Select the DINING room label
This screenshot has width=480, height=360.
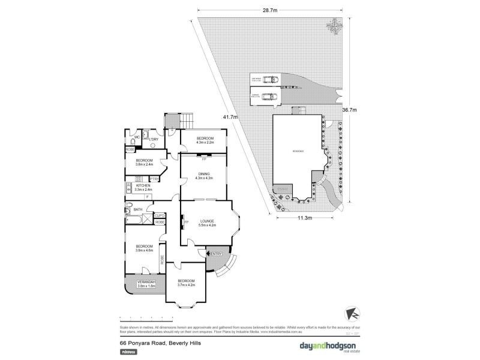pyautogui.click(x=203, y=174)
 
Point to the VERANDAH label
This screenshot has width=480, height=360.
pyautogui.click(x=146, y=282)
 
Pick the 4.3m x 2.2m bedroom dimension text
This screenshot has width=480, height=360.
pyautogui.click(x=205, y=143)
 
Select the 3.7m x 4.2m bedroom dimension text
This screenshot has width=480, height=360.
pyautogui.click(x=185, y=285)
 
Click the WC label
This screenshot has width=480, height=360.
pyautogui.click(x=137, y=137)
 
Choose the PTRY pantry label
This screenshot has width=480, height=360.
pyautogui.click(x=154, y=178)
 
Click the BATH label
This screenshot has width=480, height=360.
pyautogui.click(x=138, y=209)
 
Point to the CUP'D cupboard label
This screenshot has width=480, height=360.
pyautogui.click(x=160, y=215)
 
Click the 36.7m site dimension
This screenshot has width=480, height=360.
pyautogui.click(x=349, y=110)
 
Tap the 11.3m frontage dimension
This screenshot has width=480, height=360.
pyautogui.click(x=305, y=218)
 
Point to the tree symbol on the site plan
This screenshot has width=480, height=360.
pyautogui.click(x=334, y=26)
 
